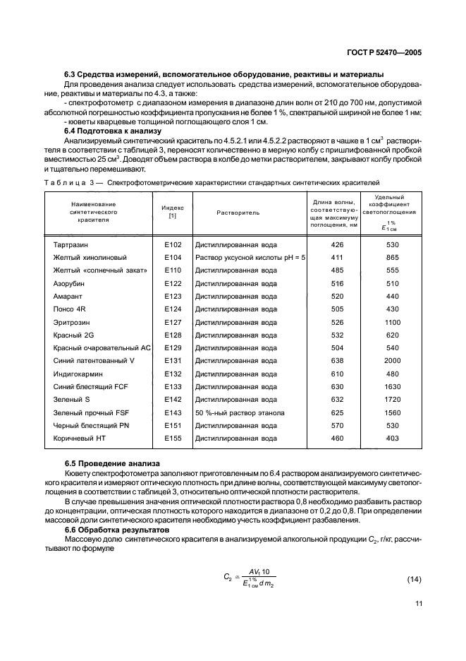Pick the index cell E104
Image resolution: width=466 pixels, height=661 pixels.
coord(173,258)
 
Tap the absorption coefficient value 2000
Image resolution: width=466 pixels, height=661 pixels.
coord(393,361)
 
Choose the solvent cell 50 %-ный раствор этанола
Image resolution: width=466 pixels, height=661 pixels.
coord(240,412)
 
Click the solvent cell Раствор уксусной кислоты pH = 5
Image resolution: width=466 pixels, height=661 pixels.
coord(250,258)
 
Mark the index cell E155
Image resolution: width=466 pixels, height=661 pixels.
coord(173,439)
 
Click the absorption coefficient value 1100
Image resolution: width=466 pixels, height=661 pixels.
coord(393,322)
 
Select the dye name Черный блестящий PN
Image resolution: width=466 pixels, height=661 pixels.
coord(92,426)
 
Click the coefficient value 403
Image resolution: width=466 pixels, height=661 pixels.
coord(393,439)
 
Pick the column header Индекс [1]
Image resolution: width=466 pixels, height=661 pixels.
coord(173,212)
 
